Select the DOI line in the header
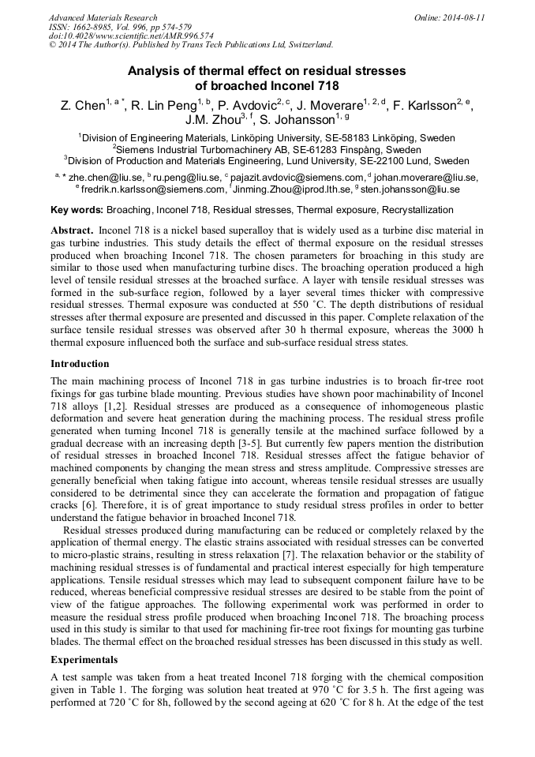[109, 36]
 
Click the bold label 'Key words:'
[77, 210]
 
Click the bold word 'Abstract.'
[72, 230]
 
